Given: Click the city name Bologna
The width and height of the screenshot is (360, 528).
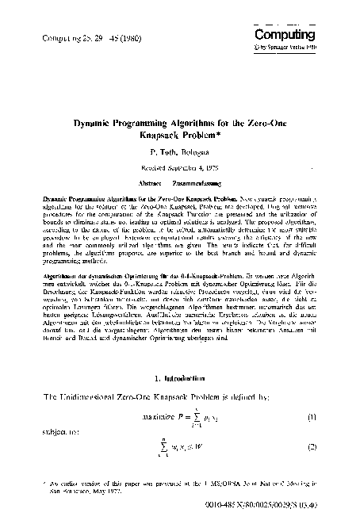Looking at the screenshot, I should click(x=195, y=150).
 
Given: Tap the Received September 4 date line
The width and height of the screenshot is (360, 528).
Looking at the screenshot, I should click(x=181, y=167).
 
